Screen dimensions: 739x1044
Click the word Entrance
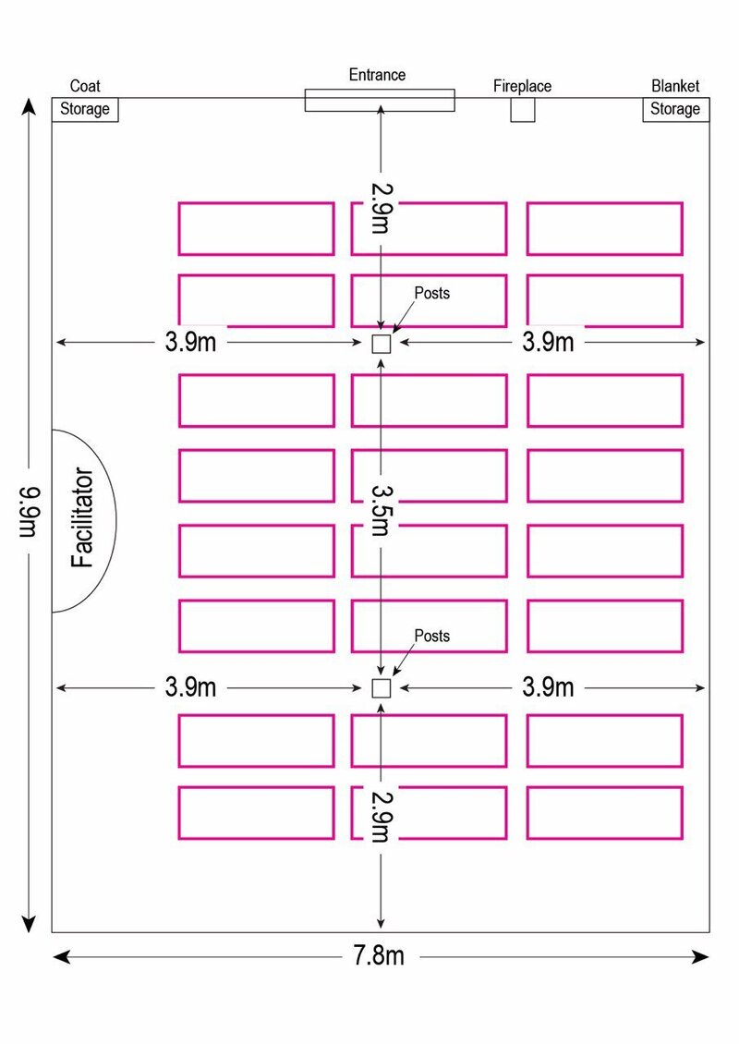(377, 75)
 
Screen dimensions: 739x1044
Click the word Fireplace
(522, 86)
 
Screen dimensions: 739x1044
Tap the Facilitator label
(82, 517)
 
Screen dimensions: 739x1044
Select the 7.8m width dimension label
(378, 956)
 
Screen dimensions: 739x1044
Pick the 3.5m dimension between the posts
(382, 510)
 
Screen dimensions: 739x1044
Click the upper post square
(381, 344)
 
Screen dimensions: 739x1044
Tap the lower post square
(381, 687)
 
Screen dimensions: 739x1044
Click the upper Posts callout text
(432, 293)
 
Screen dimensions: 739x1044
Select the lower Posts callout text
(432, 636)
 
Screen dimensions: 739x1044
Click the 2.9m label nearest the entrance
(382, 209)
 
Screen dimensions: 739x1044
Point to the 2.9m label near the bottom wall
(382, 817)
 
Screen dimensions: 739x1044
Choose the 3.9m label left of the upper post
(190, 342)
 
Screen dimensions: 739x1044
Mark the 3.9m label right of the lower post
(548, 686)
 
